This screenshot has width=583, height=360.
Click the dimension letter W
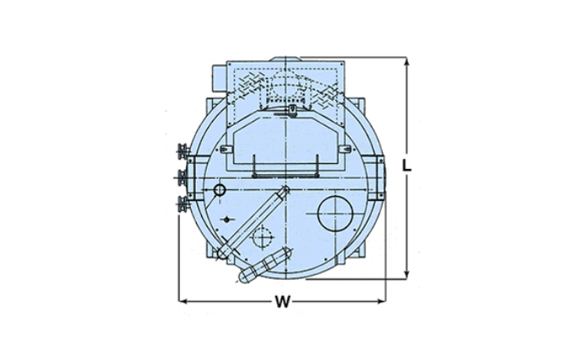pyautogui.click(x=282, y=302)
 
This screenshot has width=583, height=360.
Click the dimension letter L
pyautogui.click(x=407, y=166)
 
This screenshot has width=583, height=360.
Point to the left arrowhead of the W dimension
pyautogui.click(x=183, y=301)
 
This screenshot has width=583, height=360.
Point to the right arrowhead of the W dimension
pyautogui.click(x=381, y=301)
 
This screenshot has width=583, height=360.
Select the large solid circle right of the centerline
pyautogui.click(x=335, y=214)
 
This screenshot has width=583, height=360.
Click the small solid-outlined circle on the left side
pyautogui.click(x=220, y=190)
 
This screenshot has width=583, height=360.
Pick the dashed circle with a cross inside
pyautogui.click(x=263, y=237)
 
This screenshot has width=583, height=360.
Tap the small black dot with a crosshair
pyautogui.click(x=226, y=220)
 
